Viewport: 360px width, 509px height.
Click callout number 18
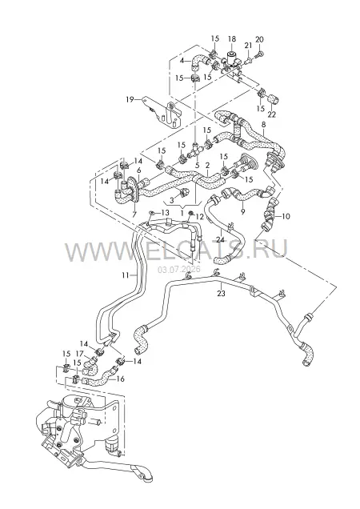pos(232,39)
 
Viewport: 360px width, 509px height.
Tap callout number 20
pos(259,39)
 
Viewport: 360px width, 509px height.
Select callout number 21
pos(248,46)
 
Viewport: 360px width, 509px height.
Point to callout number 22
pos(272,114)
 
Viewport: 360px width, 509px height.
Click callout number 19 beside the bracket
pos(130,99)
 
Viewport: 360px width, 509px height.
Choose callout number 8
pos(263,124)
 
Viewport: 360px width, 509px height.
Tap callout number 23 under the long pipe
pos(221,294)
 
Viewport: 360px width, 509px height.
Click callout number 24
pos(221,240)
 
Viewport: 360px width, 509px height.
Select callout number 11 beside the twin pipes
pos(126,275)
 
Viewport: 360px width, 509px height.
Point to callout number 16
pos(121,379)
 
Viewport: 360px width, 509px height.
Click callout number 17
pos(80,354)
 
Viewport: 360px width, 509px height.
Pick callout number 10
pos(286,216)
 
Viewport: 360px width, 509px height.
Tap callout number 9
pos(243,211)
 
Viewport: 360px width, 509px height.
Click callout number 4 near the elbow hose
pos(182,60)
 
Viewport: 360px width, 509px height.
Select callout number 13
pos(165,213)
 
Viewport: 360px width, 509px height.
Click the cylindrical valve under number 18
pos(232,58)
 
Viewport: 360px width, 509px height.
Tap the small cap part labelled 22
pos(274,98)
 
